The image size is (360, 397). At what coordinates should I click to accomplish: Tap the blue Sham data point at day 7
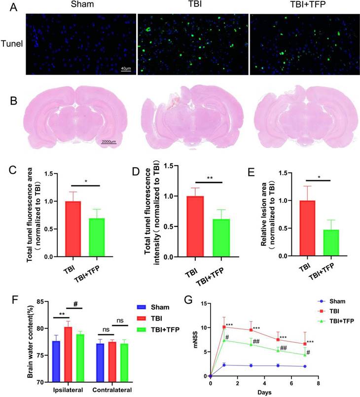(305, 366)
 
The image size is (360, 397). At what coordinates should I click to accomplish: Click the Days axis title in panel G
(264, 392)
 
